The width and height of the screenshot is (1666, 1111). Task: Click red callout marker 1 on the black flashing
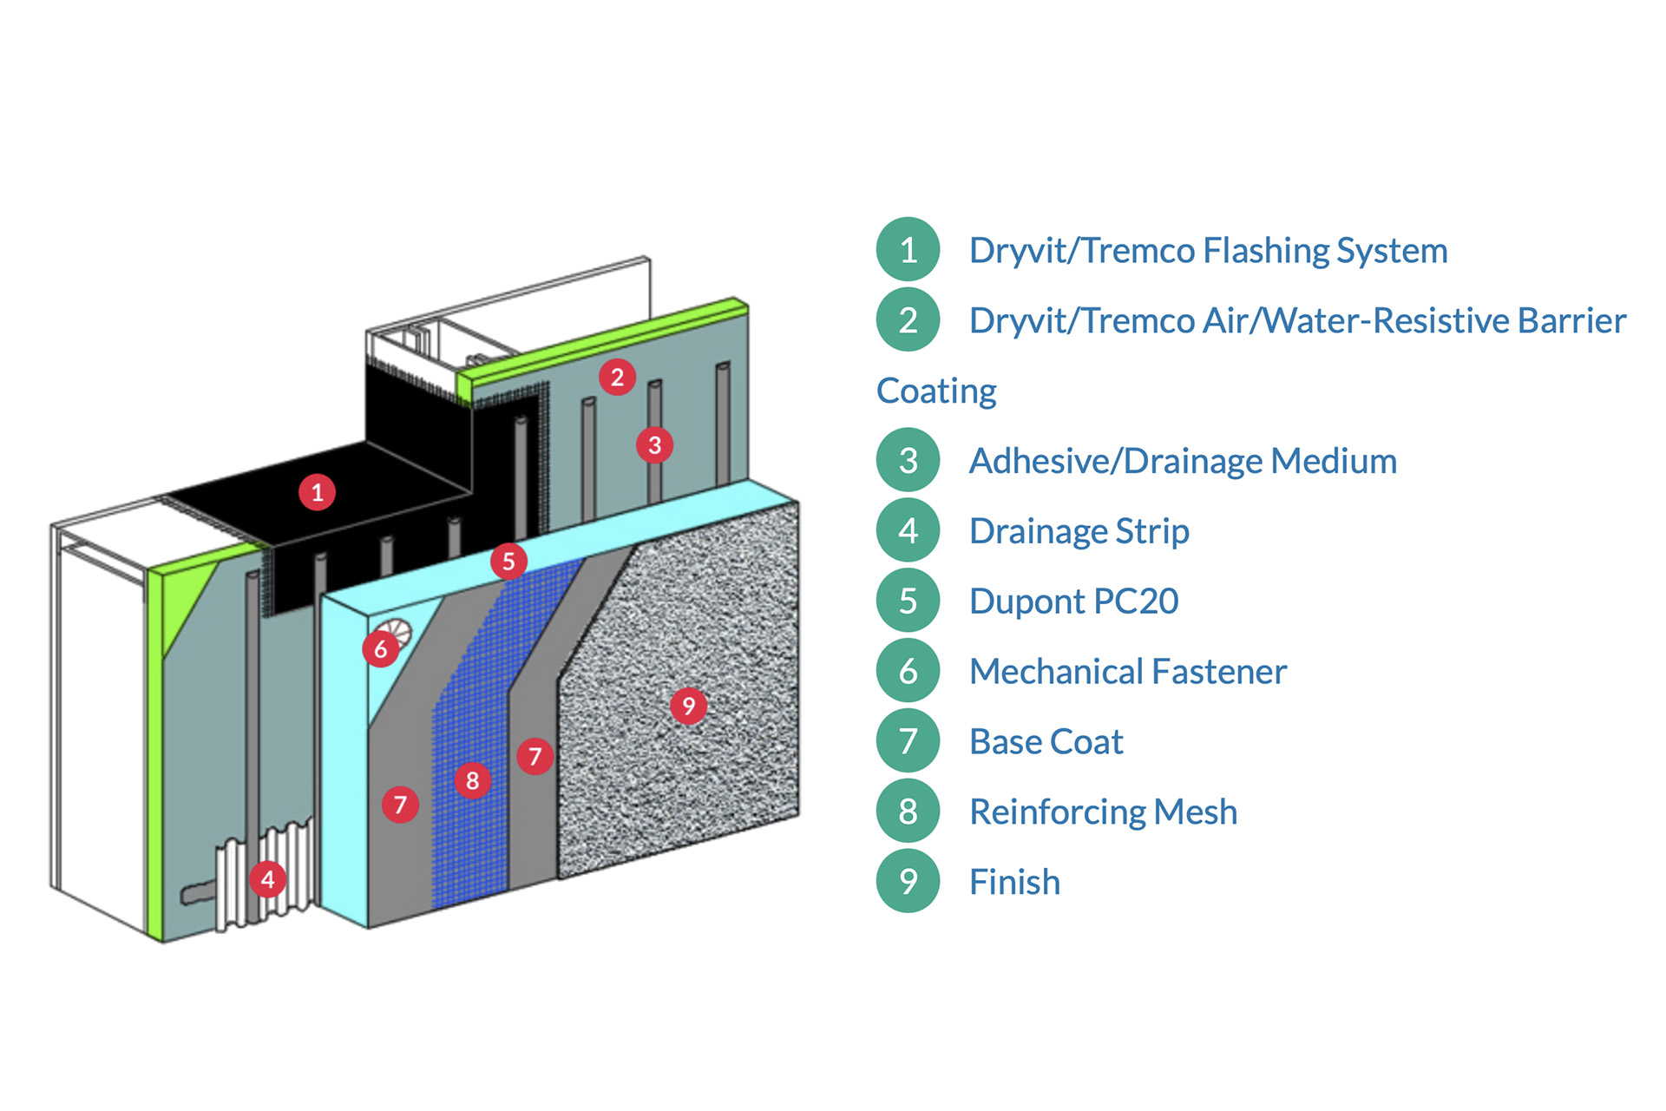point(318,492)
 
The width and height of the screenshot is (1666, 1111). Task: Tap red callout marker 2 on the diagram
point(617,377)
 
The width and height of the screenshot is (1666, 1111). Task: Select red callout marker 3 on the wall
point(655,445)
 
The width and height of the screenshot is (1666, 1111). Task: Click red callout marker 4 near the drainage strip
point(267,879)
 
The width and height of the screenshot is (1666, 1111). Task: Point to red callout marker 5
point(508,562)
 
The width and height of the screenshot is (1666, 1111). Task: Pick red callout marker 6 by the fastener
point(381,649)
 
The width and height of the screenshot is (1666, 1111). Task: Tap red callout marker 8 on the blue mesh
point(473,780)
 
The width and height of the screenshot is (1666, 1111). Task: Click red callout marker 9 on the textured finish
point(689,706)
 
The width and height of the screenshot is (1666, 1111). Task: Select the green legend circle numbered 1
point(908,250)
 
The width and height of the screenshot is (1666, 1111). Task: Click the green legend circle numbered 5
point(908,601)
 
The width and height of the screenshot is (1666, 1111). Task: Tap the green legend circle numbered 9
point(908,882)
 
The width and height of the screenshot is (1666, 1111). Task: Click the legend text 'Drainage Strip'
point(1079,531)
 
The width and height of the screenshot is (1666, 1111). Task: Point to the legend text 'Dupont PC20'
point(1073,602)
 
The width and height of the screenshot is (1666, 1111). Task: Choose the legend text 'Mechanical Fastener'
point(1127,672)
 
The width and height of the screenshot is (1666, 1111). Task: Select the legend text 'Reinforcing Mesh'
point(1103,812)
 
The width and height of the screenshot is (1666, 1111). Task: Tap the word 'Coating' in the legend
point(936,391)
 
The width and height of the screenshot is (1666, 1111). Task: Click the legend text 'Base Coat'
point(1046,742)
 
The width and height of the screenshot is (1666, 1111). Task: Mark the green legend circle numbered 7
point(908,741)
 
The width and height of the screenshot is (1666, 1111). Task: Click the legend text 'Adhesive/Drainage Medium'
point(1183,461)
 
